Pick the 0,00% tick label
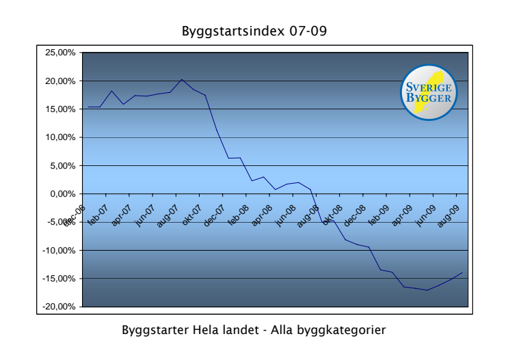tap(64, 194)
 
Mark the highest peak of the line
tap(182, 79)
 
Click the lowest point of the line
tap(427, 290)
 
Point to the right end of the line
tap(463, 273)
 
